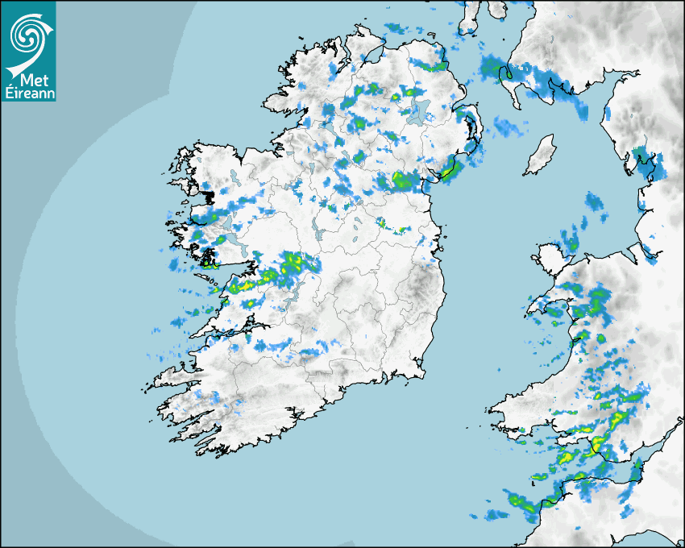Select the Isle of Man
pos(541,156)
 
